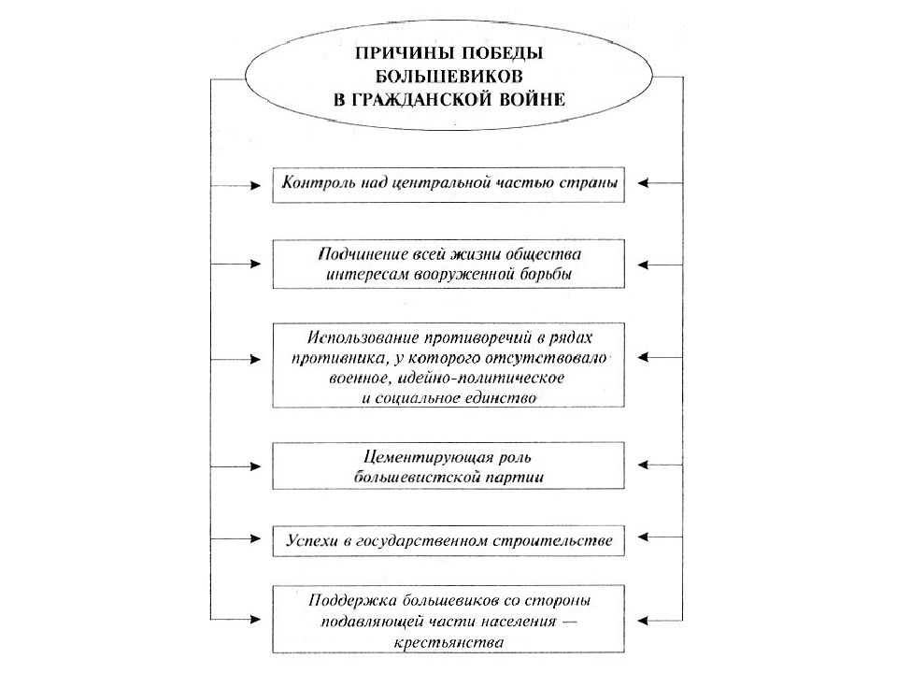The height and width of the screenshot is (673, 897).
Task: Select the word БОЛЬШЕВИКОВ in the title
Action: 448,76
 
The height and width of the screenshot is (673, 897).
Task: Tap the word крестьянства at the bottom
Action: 448,642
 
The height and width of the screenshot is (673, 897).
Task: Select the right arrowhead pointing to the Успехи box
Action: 643,537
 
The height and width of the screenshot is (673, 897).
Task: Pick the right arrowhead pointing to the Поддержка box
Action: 643,621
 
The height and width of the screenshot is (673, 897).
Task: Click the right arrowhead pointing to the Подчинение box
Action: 643,265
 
